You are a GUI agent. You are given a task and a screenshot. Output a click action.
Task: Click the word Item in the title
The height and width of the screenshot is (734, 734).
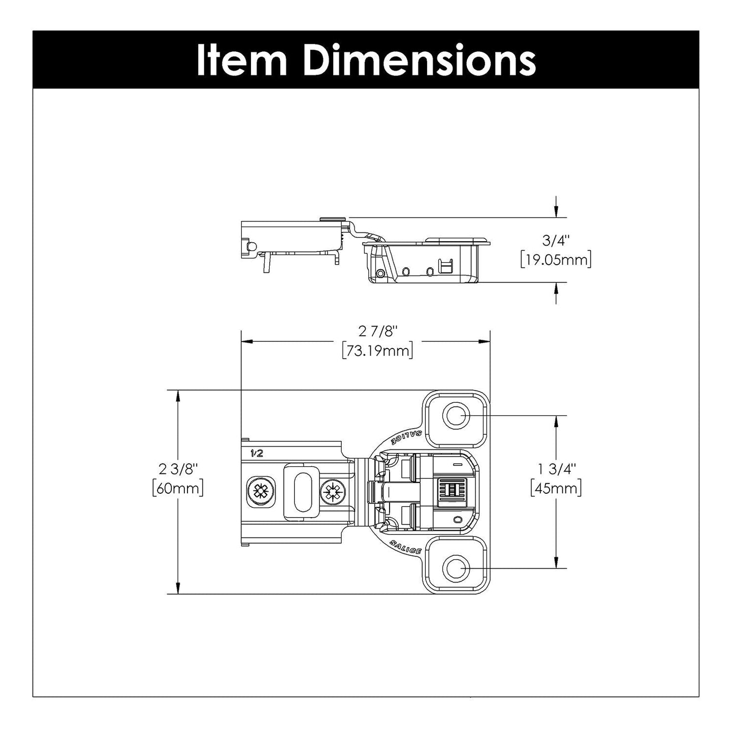pyautogui.click(x=242, y=60)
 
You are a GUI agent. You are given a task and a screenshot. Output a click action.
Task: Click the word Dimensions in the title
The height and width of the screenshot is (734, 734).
pyautogui.click(x=421, y=60)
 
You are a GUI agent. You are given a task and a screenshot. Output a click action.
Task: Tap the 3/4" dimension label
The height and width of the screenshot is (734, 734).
pyautogui.click(x=556, y=240)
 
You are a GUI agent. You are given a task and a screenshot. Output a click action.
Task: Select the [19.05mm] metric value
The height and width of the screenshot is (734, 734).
pyautogui.click(x=556, y=260)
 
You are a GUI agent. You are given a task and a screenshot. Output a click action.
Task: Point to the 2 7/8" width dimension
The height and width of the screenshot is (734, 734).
pyautogui.click(x=377, y=331)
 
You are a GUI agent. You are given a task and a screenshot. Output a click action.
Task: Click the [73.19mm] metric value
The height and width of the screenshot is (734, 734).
pyautogui.click(x=377, y=350)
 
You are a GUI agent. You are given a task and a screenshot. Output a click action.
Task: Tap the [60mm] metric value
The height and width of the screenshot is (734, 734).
pyautogui.click(x=178, y=489)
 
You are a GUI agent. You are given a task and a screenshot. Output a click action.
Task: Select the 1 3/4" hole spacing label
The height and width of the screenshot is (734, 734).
pyautogui.click(x=555, y=468)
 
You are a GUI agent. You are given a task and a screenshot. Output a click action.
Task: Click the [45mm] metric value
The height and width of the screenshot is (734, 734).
pyautogui.click(x=555, y=489)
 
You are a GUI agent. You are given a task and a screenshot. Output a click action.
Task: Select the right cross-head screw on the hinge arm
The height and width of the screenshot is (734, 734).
pyautogui.click(x=333, y=491)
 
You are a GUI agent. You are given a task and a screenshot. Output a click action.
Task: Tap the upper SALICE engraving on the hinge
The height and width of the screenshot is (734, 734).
pyautogui.click(x=405, y=437)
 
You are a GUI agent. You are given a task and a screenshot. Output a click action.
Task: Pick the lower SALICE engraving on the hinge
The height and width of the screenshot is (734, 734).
pyautogui.click(x=405, y=548)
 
